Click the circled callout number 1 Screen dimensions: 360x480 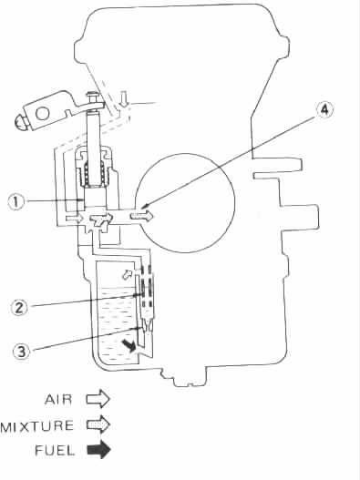(x=16, y=202)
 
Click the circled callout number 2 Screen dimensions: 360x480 (x=20, y=308)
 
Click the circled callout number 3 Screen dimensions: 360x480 (x=21, y=352)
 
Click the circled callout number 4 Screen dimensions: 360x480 (x=324, y=109)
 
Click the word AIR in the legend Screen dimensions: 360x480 (x=58, y=400)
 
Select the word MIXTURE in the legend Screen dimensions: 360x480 (x=37, y=426)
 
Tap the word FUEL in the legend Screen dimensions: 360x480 (x=55, y=450)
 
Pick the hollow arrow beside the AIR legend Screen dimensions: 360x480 (x=98, y=399)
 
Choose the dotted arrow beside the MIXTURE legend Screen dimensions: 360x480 (x=98, y=424)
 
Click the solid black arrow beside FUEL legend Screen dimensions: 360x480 (x=98, y=450)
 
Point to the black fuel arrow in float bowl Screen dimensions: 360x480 (x=129, y=345)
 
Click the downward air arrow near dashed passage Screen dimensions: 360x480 (x=123, y=100)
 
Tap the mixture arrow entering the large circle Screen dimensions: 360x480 (x=141, y=216)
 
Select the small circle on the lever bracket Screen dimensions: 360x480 (x=43, y=114)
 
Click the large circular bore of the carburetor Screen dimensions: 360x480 (x=185, y=203)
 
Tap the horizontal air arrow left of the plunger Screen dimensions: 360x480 (x=75, y=219)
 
